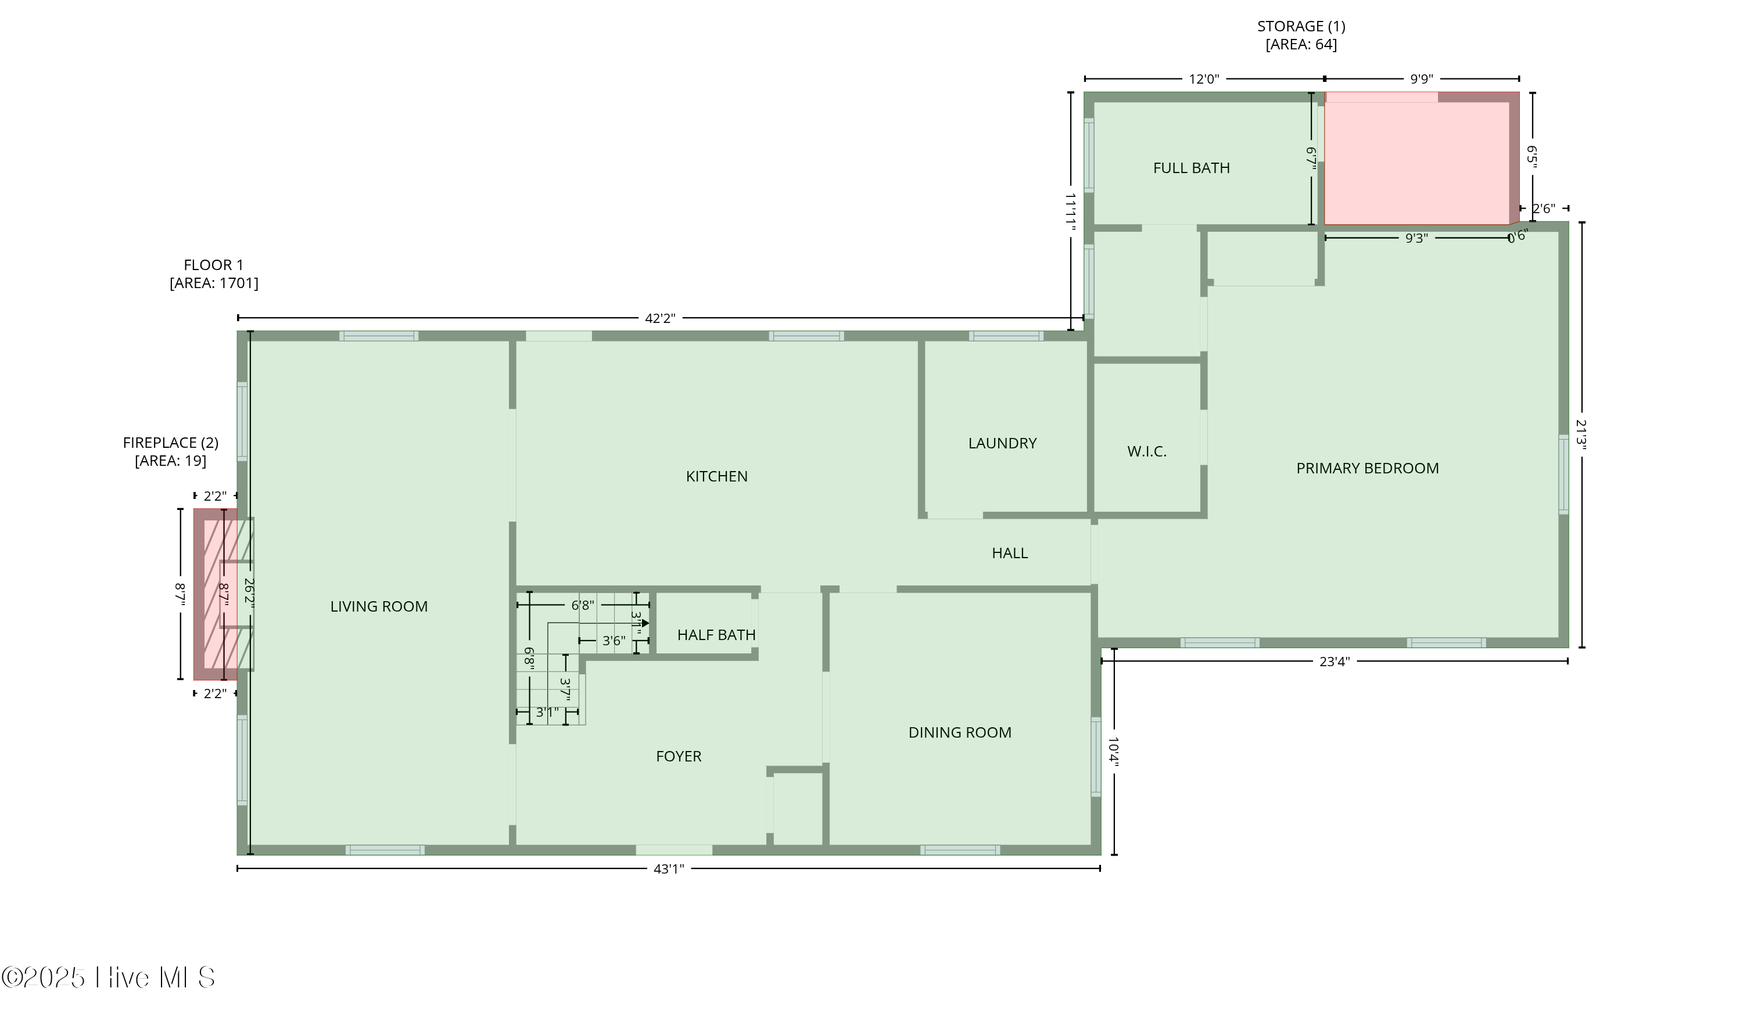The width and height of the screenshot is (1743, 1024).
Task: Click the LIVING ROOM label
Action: (x=378, y=606)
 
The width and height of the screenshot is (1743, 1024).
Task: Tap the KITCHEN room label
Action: (x=716, y=476)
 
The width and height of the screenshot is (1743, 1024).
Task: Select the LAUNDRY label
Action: (x=1002, y=443)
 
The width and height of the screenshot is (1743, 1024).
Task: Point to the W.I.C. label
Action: (x=1146, y=451)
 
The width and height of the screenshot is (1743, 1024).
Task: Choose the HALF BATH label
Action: (x=716, y=635)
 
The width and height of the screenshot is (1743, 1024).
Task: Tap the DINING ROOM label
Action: (x=959, y=732)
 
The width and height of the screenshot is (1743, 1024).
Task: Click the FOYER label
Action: (x=678, y=756)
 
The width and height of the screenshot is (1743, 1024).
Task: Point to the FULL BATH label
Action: (x=1191, y=168)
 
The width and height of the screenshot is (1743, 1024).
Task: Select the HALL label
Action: (x=1009, y=553)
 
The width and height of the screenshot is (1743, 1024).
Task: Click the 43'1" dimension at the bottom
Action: (x=668, y=869)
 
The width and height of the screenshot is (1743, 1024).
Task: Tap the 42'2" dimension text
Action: (x=659, y=318)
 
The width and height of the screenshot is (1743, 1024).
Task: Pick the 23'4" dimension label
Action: (x=1333, y=662)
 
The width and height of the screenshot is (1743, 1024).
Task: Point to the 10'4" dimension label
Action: (x=1113, y=752)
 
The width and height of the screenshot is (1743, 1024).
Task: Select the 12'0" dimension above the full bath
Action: (x=1203, y=79)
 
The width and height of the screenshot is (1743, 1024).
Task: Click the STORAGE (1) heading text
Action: (x=1300, y=26)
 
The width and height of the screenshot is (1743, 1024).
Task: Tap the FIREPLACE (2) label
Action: (x=170, y=443)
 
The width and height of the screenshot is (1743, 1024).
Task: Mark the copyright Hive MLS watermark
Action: (x=109, y=977)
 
